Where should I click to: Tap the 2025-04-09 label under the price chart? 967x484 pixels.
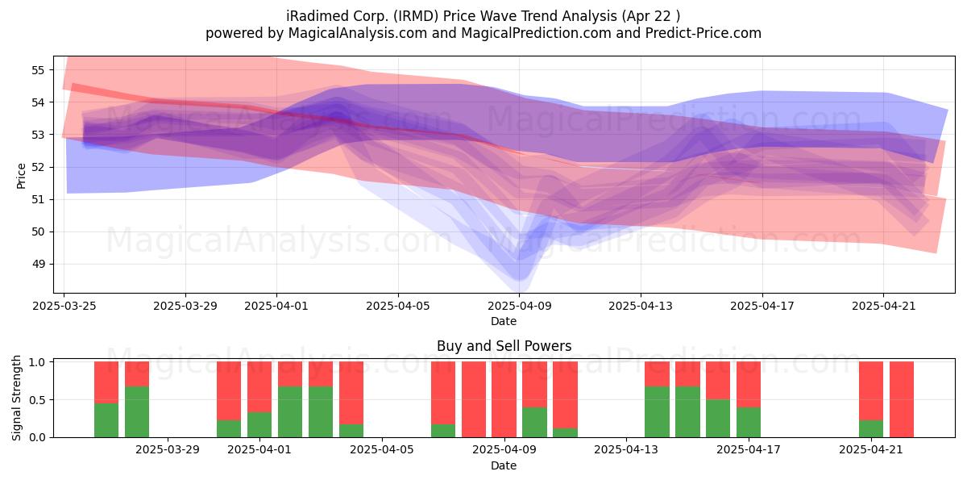519,306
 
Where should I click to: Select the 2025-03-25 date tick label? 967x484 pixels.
64,306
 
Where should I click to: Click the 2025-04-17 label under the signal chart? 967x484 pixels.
749,450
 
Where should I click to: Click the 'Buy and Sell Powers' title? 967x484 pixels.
504,346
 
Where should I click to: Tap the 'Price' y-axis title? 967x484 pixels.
21,176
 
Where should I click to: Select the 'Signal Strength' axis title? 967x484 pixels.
16,398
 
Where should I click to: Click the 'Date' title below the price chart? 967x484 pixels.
504,321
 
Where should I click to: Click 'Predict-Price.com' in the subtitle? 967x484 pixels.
703,33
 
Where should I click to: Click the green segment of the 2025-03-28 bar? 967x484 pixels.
137,412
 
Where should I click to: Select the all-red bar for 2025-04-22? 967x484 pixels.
902,399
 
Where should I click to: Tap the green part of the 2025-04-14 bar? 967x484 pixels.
657,412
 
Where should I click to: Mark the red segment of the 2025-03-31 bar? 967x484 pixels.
229,391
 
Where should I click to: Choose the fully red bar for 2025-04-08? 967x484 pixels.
474,399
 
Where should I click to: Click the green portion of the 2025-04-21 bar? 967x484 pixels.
871,428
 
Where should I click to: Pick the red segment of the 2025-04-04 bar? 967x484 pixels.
351,393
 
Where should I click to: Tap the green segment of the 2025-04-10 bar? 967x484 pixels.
534,422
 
